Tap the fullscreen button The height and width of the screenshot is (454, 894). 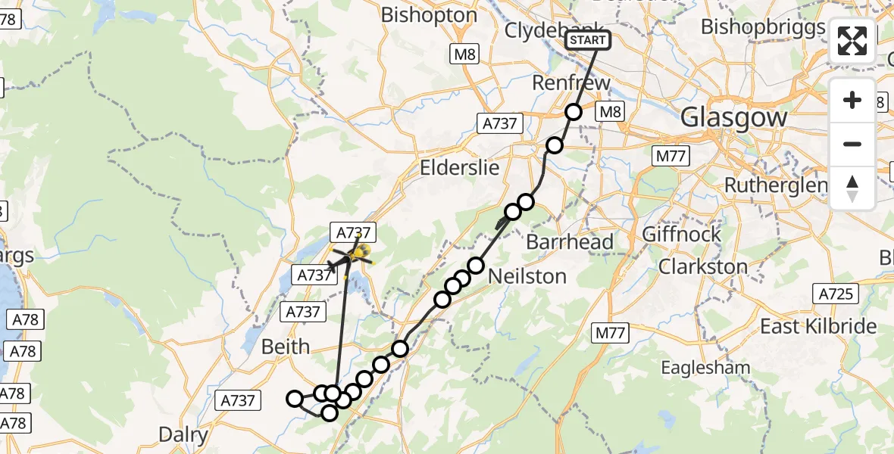[x=852, y=41]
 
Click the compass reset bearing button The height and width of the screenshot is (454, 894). [x=852, y=188]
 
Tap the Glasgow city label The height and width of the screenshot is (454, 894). [x=733, y=117]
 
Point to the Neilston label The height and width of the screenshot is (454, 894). [x=527, y=276]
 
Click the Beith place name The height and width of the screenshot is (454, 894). [x=285, y=347]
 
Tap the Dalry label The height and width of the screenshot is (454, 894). [x=183, y=435]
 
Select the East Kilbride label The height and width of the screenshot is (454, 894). [x=818, y=326]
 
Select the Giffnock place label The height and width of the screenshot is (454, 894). [x=682, y=234]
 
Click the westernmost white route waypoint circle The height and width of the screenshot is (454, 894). [x=294, y=398]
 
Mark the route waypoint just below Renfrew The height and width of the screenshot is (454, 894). [x=574, y=112]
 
